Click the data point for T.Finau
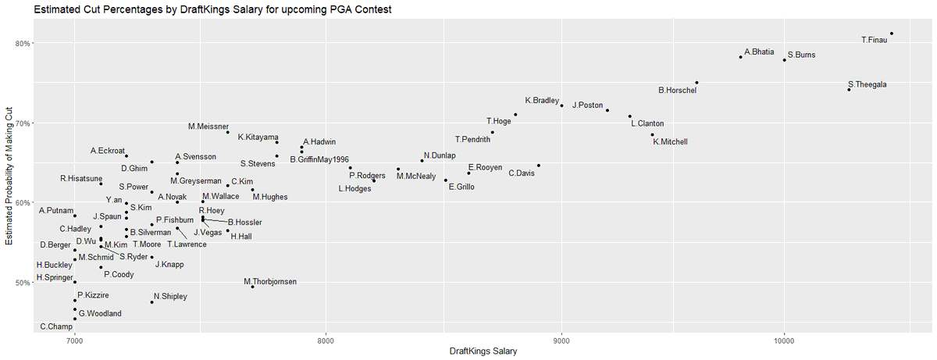(892, 34)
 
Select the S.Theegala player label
(867, 84)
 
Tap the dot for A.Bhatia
(740, 57)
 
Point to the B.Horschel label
(677, 91)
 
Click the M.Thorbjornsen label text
(270, 281)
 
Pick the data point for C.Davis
(538, 166)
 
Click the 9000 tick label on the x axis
(561, 340)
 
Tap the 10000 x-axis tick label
(784, 340)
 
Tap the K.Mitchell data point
(653, 134)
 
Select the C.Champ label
(56, 326)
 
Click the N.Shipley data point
(151, 302)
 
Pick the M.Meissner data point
(228, 132)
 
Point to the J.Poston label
(588, 105)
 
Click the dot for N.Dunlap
(422, 160)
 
